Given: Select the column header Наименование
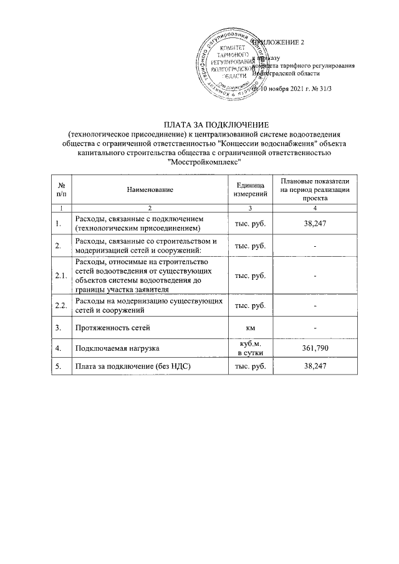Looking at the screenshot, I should (149, 189).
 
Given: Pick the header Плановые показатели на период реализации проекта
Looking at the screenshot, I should (315, 189).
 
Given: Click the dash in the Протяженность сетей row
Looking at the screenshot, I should (315, 327).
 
